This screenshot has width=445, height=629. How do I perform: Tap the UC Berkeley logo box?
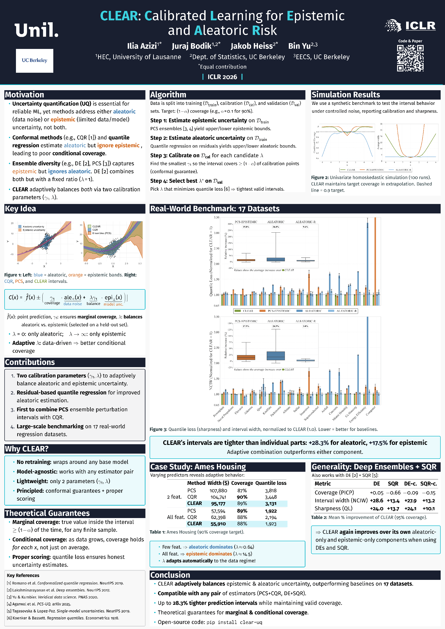(x=35, y=60)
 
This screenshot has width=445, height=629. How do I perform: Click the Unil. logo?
(x=36, y=30)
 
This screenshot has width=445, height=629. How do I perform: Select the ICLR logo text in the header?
(x=420, y=26)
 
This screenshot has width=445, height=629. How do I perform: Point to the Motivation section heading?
(x=25, y=95)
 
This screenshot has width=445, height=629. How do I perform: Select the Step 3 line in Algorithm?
(x=207, y=156)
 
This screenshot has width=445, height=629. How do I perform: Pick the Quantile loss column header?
(x=271, y=483)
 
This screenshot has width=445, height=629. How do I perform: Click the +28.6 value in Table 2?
(x=376, y=501)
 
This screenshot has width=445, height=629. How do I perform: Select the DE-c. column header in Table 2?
(x=410, y=484)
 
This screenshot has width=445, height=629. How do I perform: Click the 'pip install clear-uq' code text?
(x=234, y=622)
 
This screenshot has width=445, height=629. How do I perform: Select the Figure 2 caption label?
(x=320, y=178)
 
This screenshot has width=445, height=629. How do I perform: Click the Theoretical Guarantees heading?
(x=47, y=513)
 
